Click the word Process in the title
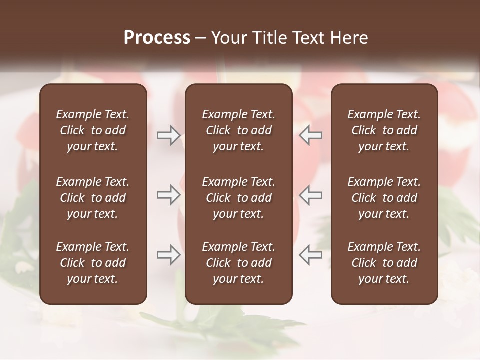click(x=157, y=38)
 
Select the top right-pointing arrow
click(x=168, y=135)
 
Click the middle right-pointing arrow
click(x=168, y=195)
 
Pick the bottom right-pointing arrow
click(x=168, y=254)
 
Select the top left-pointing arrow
click(x=311, y=135)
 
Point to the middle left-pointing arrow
click(x=311, y=195)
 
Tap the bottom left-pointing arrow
click(x=311, y=254)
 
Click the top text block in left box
click(x=93, y=130)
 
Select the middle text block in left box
click(x=93, y=198)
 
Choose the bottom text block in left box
click(x=93, y=263)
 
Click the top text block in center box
click(x=238, y=130)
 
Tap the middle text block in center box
click(x=238, y=198)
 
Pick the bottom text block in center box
click(x=238, y=263)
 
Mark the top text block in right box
click(x=384, y=130)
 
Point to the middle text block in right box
click(x=384, y=198)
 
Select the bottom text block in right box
click(x=384, y=263)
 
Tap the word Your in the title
click(x=227, y=38)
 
